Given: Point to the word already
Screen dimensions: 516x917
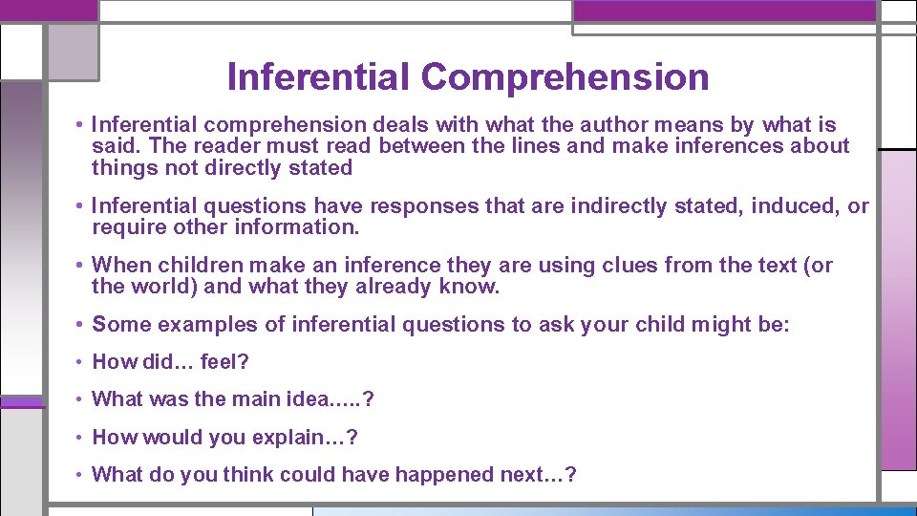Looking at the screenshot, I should (394, 287).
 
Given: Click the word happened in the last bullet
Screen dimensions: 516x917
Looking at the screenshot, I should (461, 475).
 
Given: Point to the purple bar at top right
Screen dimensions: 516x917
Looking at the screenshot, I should (724, 11).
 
